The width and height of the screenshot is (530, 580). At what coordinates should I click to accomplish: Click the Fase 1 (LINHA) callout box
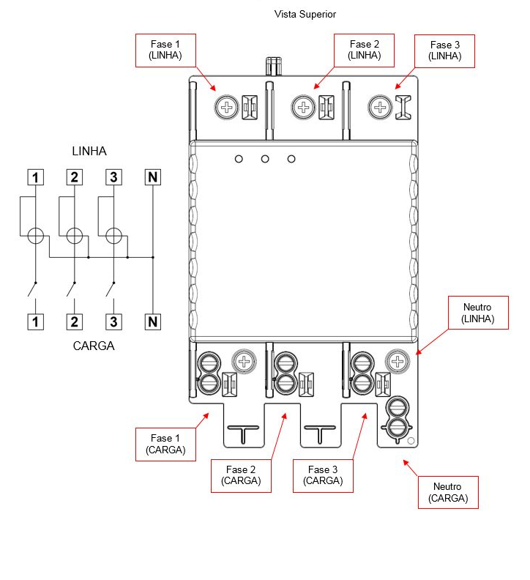coord(165,51)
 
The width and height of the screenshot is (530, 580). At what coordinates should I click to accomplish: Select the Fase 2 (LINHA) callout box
coord(364,51)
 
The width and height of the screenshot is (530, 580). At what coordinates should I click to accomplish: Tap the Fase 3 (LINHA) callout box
coord(444,51)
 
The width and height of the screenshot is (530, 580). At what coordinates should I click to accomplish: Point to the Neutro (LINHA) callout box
coord(478,313)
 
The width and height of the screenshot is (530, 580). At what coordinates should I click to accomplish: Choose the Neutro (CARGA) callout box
coord(448,492)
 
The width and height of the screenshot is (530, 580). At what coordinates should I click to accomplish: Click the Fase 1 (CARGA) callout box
coord(165,445)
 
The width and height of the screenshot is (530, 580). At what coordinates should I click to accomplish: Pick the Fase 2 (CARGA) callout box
coord(241,476)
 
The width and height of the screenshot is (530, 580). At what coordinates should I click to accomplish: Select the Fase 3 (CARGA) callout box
coord(323,476)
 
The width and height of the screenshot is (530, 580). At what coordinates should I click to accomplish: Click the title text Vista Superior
coord(305,14)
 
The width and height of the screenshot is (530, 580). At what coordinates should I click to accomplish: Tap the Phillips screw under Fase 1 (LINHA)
coord(227,107)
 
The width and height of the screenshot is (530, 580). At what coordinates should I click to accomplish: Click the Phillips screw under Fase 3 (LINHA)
coord(380,107)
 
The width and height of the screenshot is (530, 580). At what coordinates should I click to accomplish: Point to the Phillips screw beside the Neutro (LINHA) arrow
coord(397,361)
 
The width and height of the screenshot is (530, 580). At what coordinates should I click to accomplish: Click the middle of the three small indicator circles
coord(265,159)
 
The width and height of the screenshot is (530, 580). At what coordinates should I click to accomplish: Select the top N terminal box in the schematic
coord(153,177)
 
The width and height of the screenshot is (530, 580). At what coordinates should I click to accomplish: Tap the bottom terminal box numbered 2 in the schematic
coord(75,321)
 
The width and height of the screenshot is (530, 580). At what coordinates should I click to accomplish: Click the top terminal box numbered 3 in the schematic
coord(113,177)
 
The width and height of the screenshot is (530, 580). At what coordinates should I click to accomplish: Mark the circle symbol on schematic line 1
coord(36,236)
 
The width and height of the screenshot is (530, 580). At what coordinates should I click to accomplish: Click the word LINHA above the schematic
coord(89,151)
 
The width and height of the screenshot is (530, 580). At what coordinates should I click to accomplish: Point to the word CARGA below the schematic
coord(94,346)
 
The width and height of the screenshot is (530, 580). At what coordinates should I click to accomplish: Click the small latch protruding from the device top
coord(274,66)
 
